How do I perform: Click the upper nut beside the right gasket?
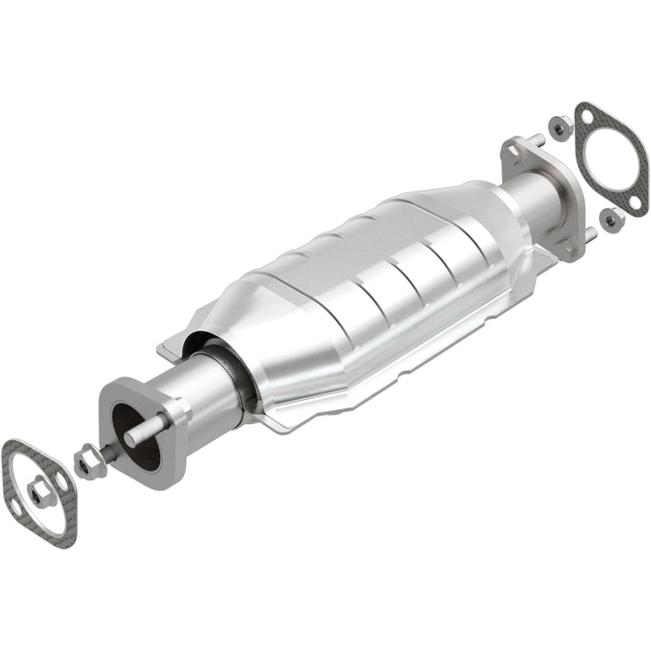tap(561, 127)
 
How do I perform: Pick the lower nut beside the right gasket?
tap(612, 219)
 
